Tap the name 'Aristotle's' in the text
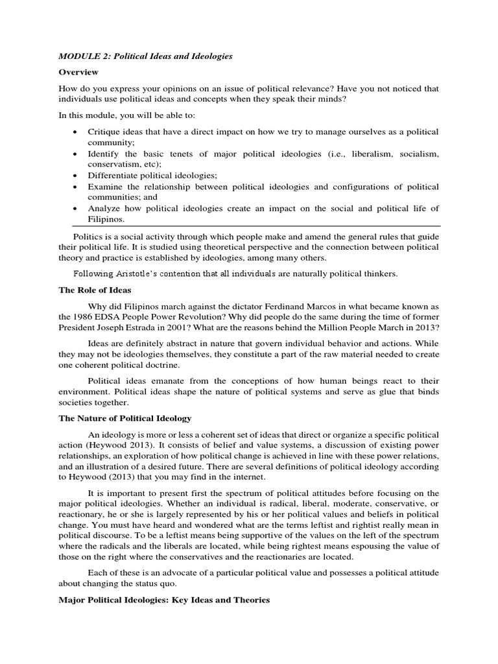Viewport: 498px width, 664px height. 139,274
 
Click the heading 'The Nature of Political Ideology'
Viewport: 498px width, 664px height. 125,418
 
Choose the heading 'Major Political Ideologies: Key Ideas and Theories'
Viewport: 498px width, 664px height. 164,600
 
